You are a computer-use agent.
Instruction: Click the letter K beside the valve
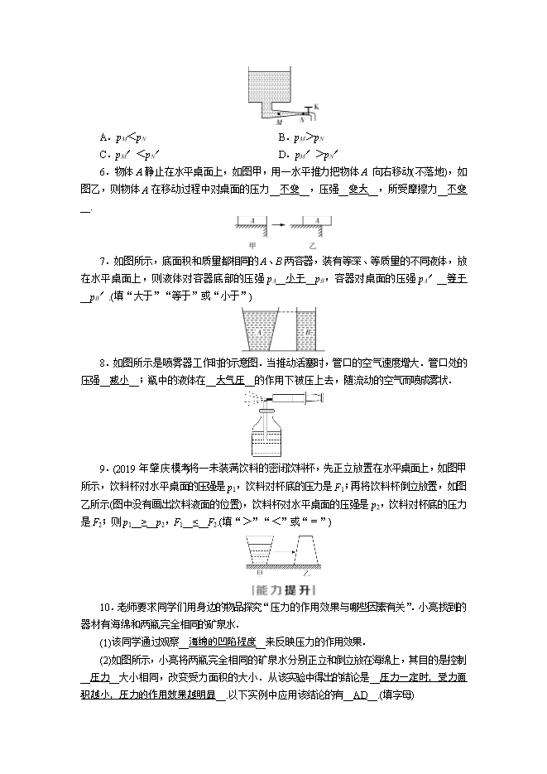point(316,107)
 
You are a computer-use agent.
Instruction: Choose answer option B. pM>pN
point(303,137)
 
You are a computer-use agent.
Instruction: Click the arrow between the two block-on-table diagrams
point(280,223)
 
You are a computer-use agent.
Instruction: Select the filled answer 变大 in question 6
point(359,189)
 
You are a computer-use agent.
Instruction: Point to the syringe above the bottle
point(294,401)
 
